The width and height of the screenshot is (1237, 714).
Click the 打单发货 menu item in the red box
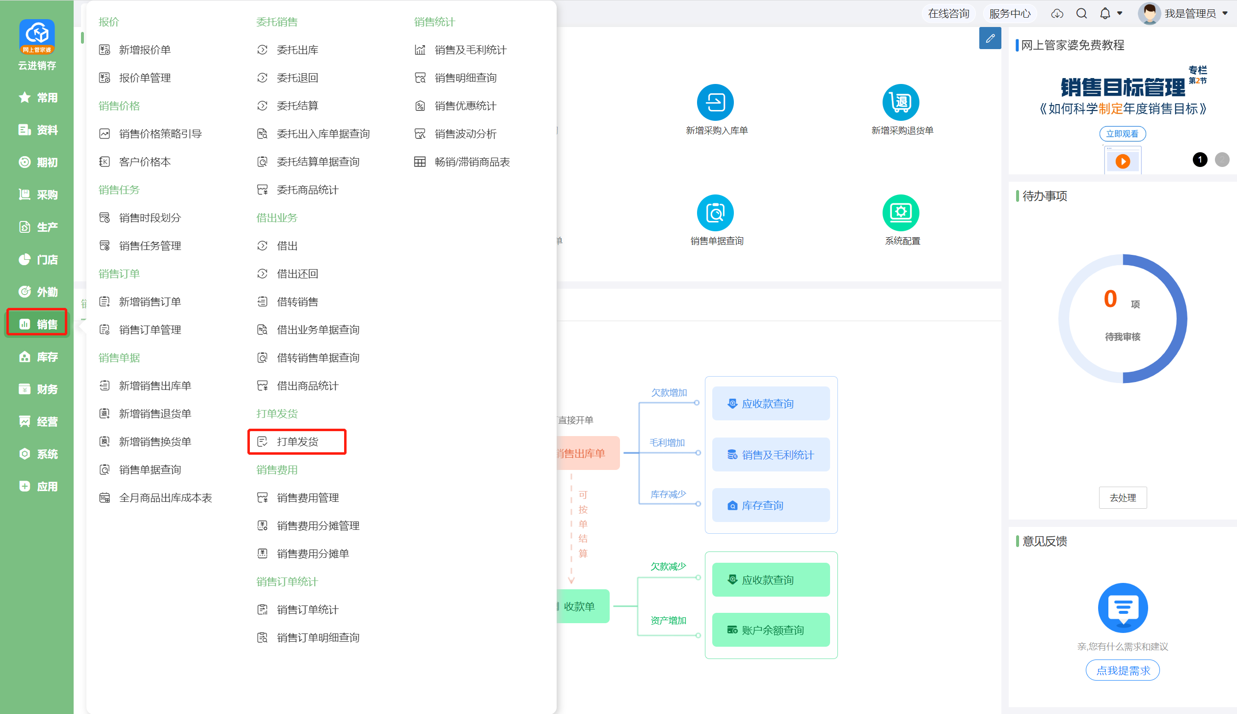(297, 441)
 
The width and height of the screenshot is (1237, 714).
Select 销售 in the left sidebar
(37, 324)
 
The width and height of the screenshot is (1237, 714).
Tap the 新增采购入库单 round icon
(715, 102)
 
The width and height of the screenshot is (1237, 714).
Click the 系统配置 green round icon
(901, 213)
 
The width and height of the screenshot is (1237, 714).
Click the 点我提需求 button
(1123, 670)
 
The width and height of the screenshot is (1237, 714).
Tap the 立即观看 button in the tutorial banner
(1122, 134)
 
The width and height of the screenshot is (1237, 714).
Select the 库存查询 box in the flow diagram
(771, 505)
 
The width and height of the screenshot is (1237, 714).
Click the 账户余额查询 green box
(771, 630)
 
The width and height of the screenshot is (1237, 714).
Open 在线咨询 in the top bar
(948, 13)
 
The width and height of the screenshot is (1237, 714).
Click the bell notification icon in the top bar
(1105, 13)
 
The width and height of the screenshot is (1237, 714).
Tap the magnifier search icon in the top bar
(1081, 13)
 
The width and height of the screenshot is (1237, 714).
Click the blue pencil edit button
(990, 38)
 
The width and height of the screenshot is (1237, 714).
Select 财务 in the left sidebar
(38, 389)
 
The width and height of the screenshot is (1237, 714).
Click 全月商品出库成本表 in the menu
(156, 498)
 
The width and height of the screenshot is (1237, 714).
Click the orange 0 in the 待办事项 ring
(1110, 299)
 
